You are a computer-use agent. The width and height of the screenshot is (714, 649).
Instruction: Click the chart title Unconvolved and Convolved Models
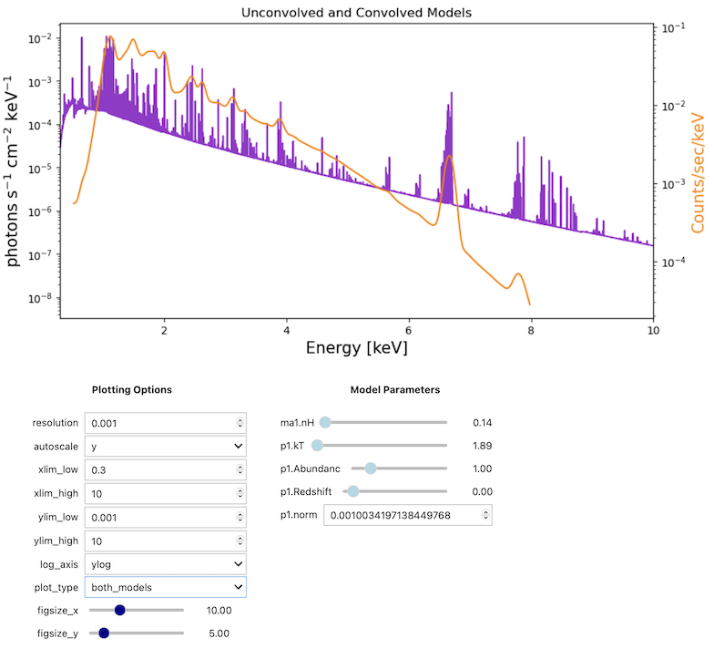point(356,12)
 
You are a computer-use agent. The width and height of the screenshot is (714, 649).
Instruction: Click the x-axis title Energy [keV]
point(356,347)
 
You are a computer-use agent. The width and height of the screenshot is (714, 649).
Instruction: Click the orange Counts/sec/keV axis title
point(698,172)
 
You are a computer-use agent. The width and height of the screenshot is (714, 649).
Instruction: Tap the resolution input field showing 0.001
point(159,423)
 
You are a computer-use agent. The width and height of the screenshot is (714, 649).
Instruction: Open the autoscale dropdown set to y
point(165,447)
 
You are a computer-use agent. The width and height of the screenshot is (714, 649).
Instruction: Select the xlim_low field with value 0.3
point(159,470)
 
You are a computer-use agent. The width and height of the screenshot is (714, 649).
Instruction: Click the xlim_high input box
point(159,494)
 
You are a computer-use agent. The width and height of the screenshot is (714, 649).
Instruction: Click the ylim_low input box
point(159,518)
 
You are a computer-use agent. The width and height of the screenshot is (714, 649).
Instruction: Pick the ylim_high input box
point(159,541)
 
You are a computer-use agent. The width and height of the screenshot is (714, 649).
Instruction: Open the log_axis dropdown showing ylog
point(165,564)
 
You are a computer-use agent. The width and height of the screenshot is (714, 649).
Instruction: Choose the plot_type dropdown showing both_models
point(165,588)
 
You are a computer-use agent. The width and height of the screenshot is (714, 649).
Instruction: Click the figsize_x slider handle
point(119,610)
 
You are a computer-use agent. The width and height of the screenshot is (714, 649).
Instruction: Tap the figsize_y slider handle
point(104,633)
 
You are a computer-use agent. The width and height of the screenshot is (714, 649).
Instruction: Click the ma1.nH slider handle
point(325,422)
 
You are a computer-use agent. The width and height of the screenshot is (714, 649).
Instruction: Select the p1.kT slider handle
point(317,446)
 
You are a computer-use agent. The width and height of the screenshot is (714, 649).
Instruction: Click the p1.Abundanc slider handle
point(371,469)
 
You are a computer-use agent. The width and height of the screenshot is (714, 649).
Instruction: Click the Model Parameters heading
point(395,390)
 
